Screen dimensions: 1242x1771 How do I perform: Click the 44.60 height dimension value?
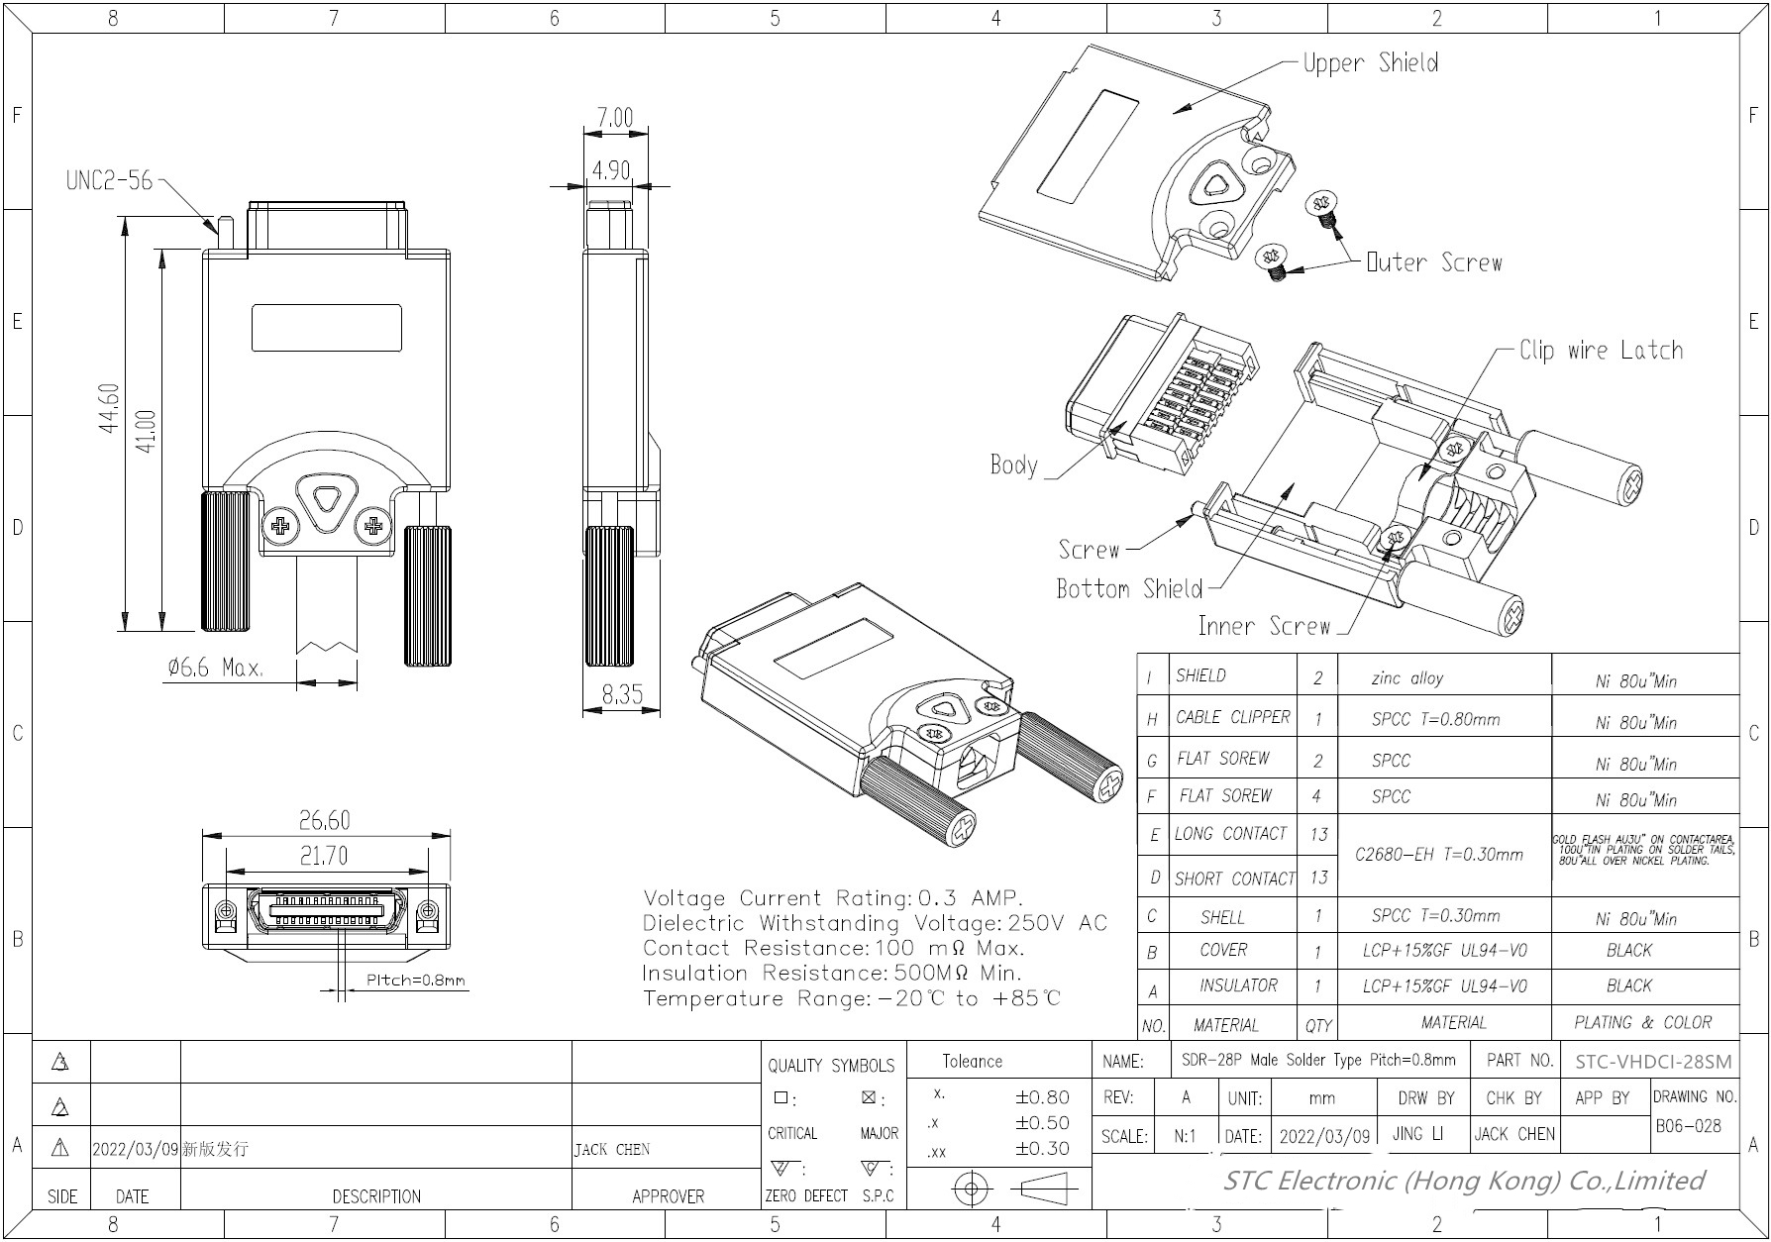click(110, 408)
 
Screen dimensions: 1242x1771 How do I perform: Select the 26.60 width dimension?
click(324, 821)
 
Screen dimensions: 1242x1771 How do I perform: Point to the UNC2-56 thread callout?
click(109, 180)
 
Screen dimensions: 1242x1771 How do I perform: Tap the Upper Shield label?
click(1370, 63)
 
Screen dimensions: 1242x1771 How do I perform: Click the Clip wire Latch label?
click(1601, 351)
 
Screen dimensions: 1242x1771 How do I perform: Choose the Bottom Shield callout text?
click(1128, 589)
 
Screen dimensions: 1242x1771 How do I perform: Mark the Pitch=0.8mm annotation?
click(415, 981)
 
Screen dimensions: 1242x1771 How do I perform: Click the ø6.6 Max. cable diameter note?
click(214, 668)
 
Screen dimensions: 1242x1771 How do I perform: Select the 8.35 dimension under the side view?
click(622, 695)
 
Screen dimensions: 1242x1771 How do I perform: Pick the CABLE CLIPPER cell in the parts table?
click(1232, 717)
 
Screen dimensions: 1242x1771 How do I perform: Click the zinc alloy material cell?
click(1406, 678)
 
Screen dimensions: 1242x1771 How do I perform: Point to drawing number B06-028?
click(1688, 1126)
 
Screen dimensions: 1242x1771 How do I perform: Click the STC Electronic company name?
click(1463, 1181)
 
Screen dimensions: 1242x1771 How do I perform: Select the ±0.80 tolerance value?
click(1042, 1097)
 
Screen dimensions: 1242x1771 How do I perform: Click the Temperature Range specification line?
click(851, 998)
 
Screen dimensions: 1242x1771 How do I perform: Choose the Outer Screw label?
click(1433, 263)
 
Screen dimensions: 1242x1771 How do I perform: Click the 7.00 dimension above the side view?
click(614, 118)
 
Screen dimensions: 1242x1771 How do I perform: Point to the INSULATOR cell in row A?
click(1238, 985)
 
